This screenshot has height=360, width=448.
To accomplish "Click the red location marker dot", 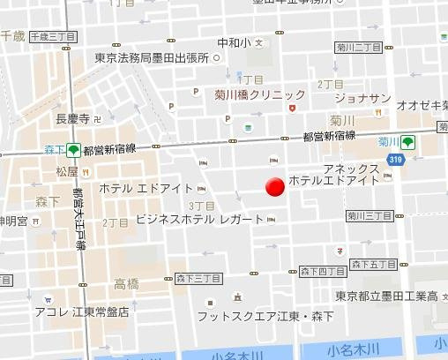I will point(275,187).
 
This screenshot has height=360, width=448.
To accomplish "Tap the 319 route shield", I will point(396,159).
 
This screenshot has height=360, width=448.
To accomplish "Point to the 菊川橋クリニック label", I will point(260,94).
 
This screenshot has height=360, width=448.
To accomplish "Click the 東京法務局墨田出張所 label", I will point(153,58).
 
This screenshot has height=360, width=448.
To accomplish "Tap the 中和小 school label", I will point(234,41).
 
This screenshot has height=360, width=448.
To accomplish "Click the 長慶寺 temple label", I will point(73,118).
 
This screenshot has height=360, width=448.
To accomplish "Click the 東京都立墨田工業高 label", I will point(387,296).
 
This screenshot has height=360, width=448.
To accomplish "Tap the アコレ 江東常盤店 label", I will point(82,311).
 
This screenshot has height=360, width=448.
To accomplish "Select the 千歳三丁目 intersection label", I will point(53,37).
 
